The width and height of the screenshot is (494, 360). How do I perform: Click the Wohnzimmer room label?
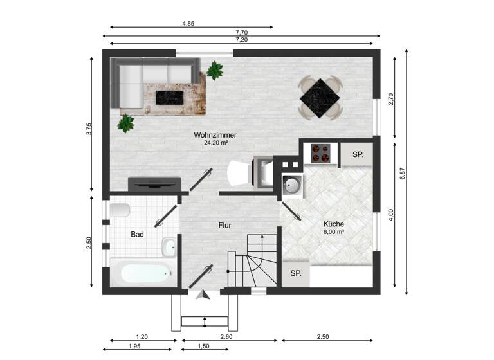coord(215,135)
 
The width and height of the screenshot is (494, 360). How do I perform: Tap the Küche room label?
coord(334,224)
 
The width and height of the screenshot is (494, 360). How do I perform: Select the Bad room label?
coord(137,235)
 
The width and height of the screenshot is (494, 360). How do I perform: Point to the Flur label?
coord(224,226)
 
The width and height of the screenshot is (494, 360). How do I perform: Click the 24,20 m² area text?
coord(215,143)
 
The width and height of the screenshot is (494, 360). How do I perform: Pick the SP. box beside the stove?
coord(358,155)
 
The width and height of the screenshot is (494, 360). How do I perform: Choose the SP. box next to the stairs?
coord(296,273)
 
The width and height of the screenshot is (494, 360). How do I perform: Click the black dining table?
coord(320,98)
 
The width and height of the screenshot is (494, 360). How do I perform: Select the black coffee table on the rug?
coord(169,97)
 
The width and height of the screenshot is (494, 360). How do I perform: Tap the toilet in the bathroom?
coord(120,210)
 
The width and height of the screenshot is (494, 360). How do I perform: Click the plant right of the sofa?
coord(214,69)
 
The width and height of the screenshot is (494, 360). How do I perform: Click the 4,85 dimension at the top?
coord(188,23)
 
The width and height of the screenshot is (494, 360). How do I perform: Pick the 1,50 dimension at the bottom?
coord(203,346)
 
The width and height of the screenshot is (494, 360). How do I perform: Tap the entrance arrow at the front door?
coord(203,295)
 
